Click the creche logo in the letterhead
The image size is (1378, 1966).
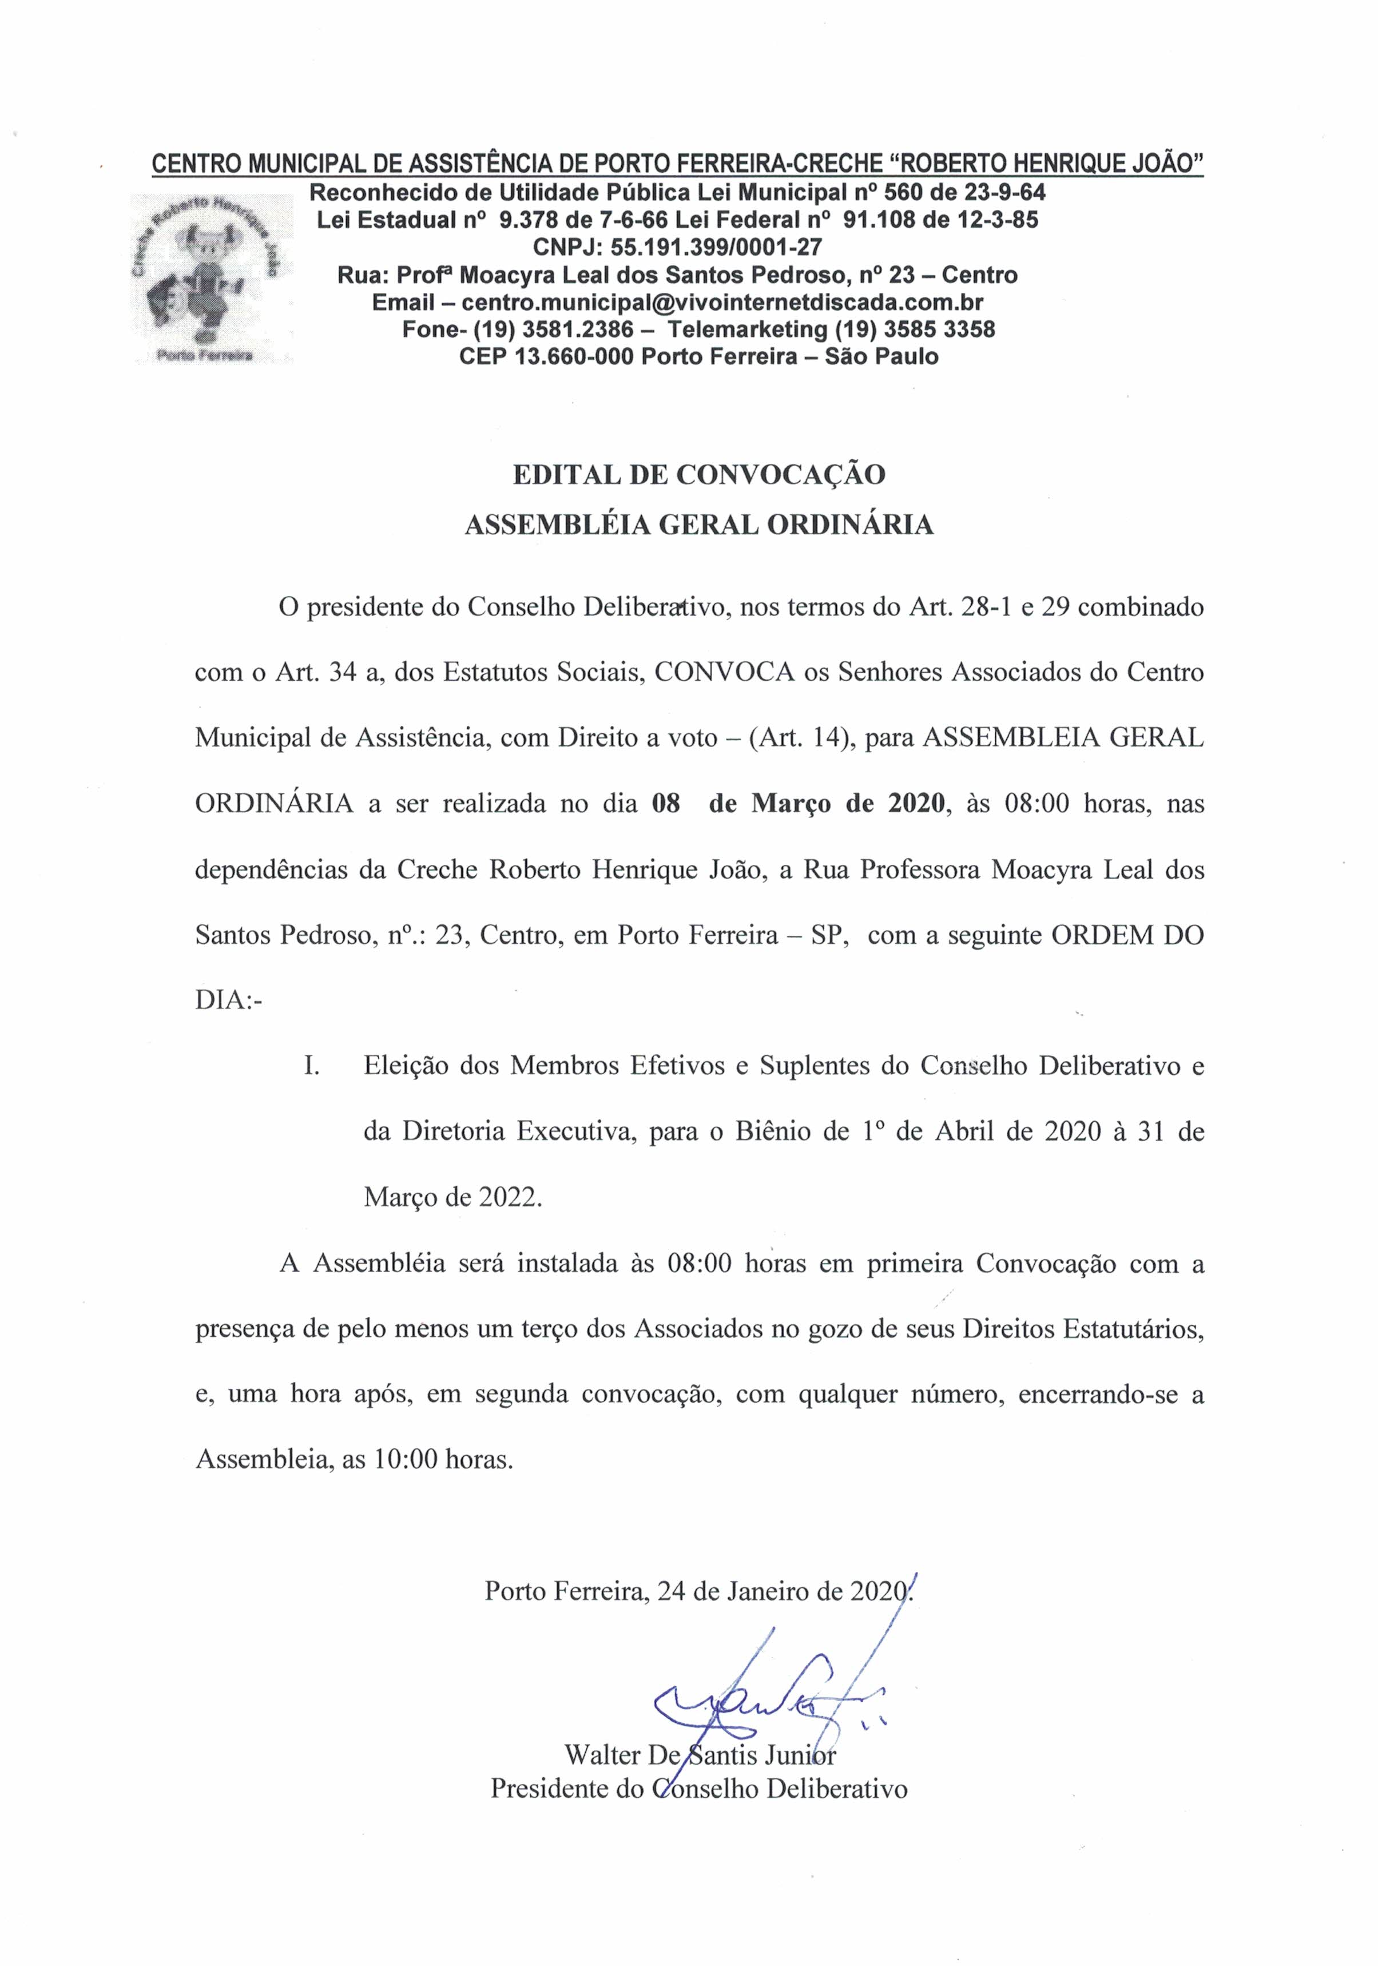pyautogui.click(x=211, y=279)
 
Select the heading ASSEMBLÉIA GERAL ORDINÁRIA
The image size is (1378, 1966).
pyautogui.click(x=699, y=526)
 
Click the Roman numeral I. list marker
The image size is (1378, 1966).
pyautogui.click(x=312, y=1067)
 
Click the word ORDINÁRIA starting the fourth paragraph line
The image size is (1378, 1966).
pyautogui.click(x=274, y=805)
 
